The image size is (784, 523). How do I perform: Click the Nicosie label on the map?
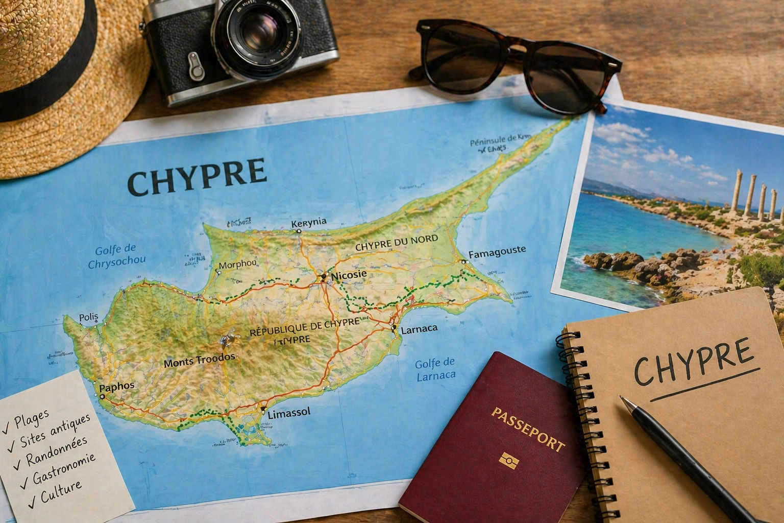349,275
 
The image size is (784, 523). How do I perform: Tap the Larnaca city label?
419,329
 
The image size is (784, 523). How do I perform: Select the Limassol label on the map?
289,413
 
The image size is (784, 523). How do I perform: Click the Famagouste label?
497,252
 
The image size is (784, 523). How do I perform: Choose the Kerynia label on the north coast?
308,223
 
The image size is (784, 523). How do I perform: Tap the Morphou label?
238,264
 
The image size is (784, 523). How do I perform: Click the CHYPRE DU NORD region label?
396,243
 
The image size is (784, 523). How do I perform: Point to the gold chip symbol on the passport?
509,461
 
